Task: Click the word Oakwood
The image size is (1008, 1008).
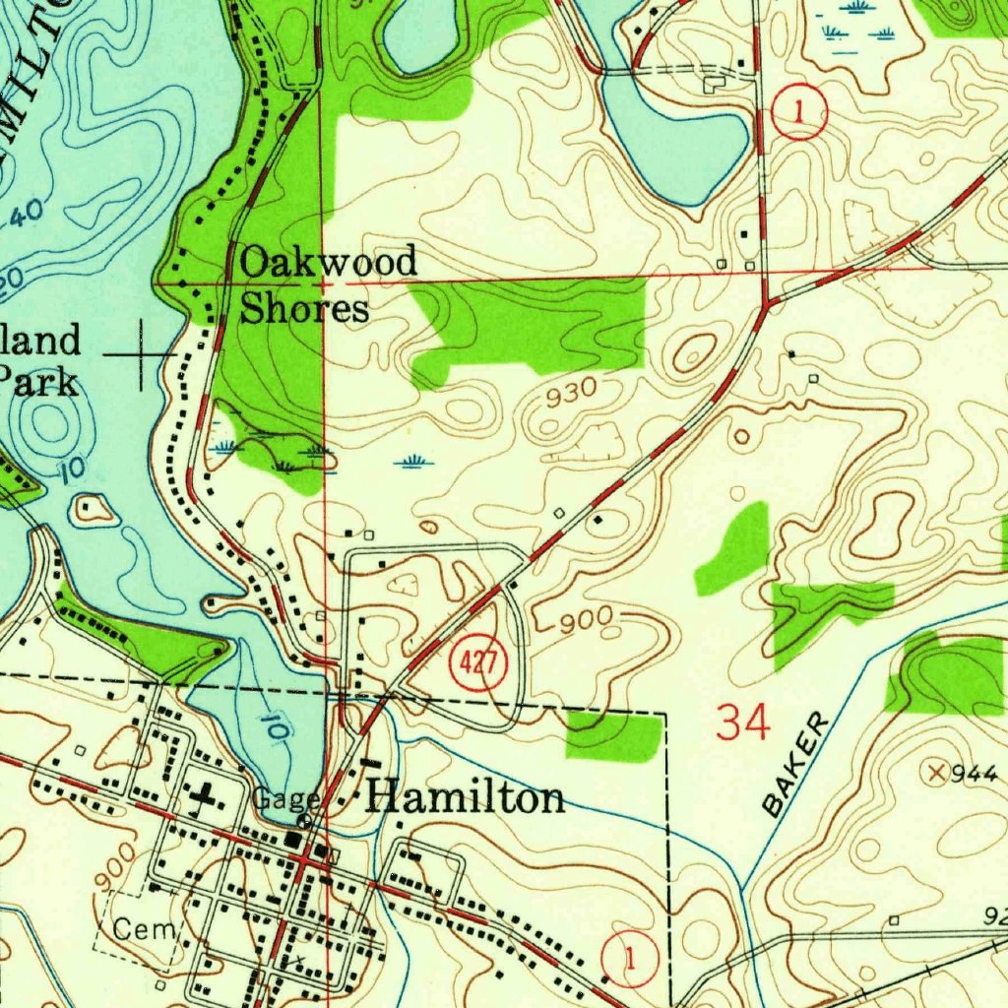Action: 329,263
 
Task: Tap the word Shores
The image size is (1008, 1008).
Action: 305,308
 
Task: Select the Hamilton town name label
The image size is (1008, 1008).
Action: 466,797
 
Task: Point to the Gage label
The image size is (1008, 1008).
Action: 285,798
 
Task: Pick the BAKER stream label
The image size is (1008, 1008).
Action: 796,767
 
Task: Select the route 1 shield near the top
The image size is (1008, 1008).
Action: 799,113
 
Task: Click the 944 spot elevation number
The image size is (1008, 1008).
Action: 975,773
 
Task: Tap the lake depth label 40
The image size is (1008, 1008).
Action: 28,212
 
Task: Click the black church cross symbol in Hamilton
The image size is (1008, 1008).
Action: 206,793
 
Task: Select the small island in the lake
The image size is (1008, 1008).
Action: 94,509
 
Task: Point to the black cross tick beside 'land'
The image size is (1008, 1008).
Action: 141,353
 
